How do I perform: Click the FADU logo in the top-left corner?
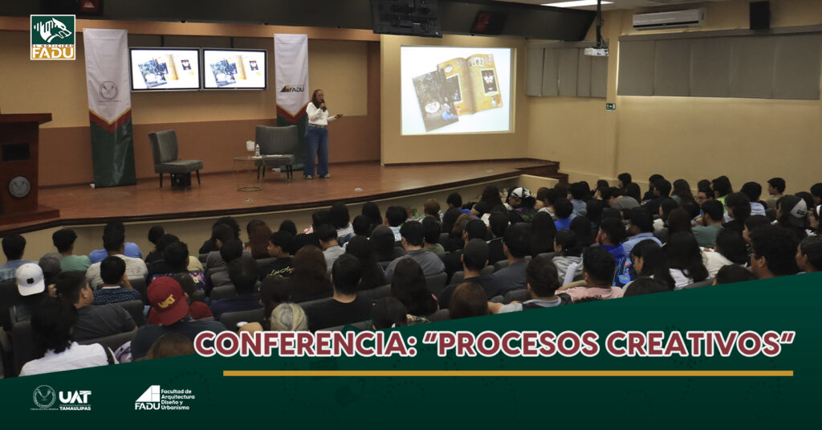coord(52,37)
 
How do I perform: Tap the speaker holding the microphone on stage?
coord(318,133)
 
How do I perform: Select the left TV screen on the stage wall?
coord(165,69)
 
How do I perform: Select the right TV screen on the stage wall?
coord(234,69)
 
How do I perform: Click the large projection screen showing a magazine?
coord(456,90)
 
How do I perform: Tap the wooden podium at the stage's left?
coord(21,165)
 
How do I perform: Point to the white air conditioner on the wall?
coord(668,19)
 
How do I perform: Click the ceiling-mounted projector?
coord(596,51)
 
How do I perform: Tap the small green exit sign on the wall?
coord(610,106)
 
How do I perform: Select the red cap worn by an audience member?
coord(167,301)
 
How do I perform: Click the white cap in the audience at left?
coord(30,278)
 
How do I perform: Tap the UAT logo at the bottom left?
coord(62,397)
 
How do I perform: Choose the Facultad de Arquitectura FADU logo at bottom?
coord(164,397)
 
